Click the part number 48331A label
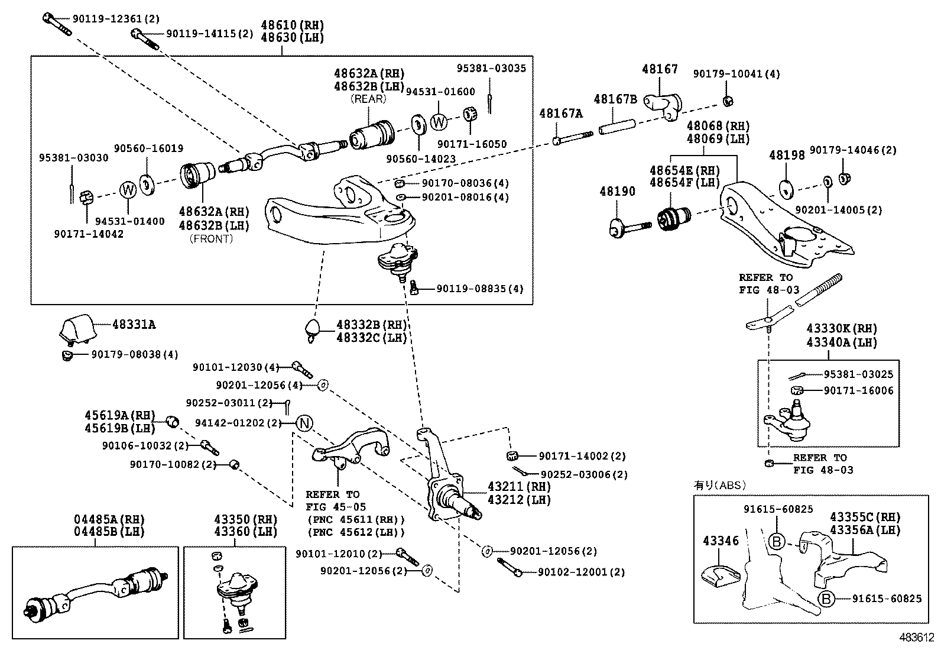click(134, 325)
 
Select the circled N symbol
click(304, 423)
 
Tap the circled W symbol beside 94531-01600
click(439, 122)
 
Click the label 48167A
click(560, 114)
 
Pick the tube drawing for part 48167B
click(618, 128)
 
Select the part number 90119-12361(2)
click(107, 20)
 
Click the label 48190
click(617, 192)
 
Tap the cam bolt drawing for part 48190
click(630, 227)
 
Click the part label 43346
click(721, 541)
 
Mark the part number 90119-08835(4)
click(480, 289)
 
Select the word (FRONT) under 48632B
click(211, 239)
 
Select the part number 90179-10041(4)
click(736, 74)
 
